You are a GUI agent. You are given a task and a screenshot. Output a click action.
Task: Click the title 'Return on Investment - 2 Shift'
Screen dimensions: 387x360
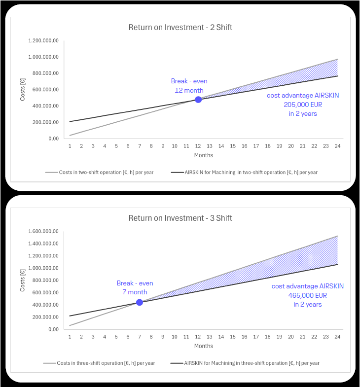[x=180, y=28]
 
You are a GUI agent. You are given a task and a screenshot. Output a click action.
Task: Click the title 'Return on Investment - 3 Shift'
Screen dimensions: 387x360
[x=180, y=218]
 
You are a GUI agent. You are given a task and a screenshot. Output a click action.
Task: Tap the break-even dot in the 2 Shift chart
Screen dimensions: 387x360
[x=198, y=99]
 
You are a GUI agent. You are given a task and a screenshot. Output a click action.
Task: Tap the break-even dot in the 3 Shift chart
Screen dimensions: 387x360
[x=140, y=302]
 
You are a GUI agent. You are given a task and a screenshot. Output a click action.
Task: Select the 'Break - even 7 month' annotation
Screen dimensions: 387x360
[x=135, y=288]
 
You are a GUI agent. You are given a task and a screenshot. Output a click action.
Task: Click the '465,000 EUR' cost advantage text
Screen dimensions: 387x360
[x=307, y=295]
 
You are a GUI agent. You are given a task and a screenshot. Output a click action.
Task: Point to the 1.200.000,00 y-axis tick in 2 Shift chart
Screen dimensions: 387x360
[x=44, y=40]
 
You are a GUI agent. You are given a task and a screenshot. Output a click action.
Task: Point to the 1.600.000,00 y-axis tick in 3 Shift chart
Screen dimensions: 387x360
[x=44, y=231]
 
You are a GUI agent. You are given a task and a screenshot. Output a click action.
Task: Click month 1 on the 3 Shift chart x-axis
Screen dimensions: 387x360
[x=70, y=337]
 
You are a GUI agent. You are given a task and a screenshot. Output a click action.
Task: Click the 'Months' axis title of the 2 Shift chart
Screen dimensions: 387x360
[x=203, y=155]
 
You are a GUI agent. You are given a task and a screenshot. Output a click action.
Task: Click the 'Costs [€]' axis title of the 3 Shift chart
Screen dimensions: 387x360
[x=23, y=280]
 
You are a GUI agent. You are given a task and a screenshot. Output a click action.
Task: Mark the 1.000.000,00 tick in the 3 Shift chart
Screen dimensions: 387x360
[x=44, y=268]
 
